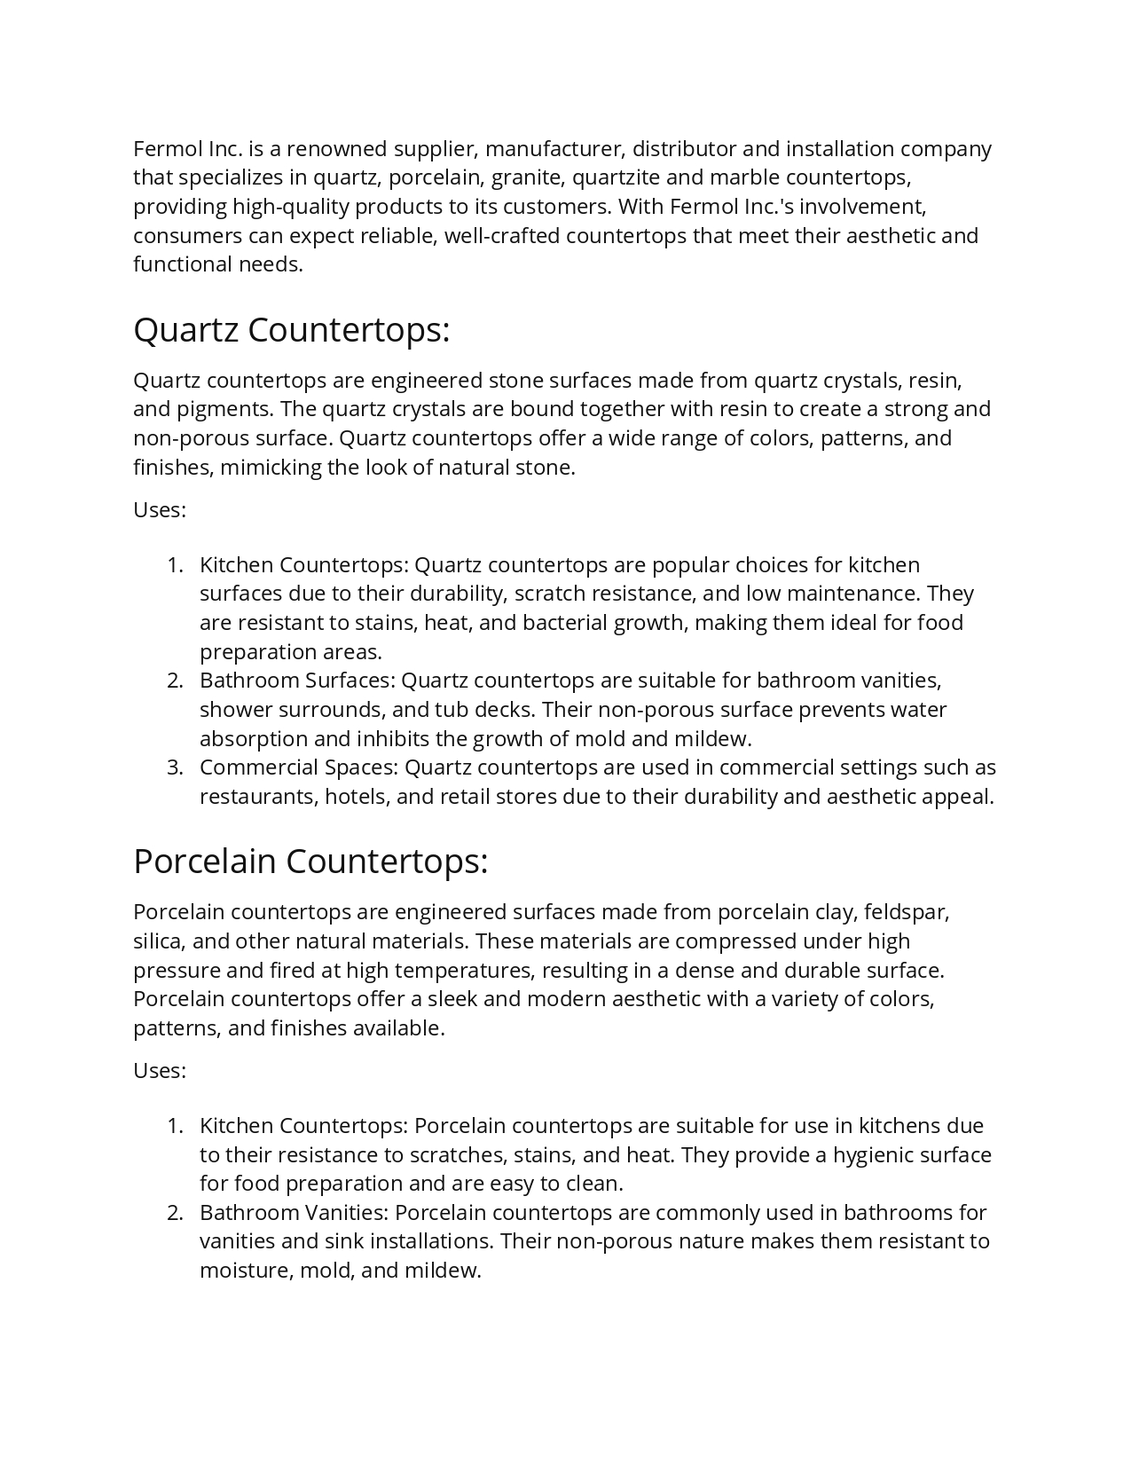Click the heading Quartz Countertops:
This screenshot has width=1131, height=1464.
[x=291, y=330]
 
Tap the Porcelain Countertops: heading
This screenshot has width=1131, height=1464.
[x=310, y=862]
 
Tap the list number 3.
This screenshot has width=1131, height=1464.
[x=175, y=767]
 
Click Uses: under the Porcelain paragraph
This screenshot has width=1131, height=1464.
[x=160, y=1071]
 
